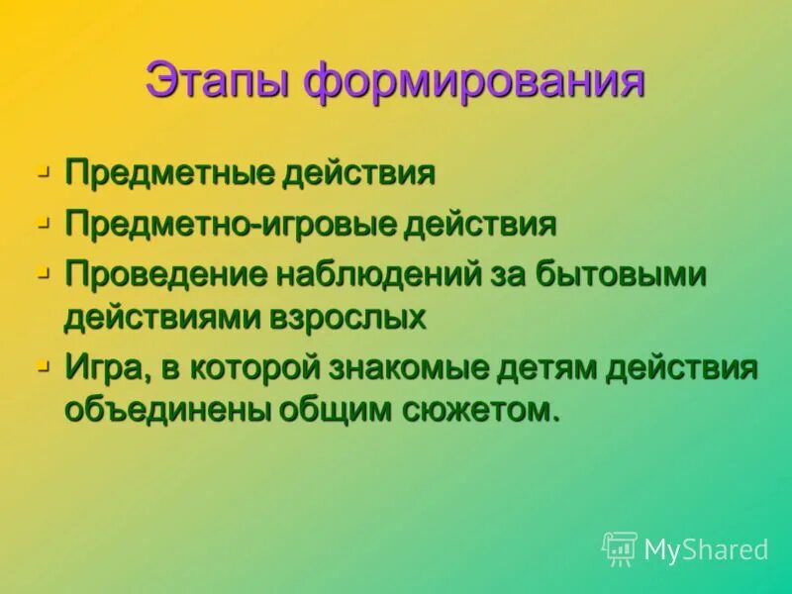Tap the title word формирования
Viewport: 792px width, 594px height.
click(474, 81)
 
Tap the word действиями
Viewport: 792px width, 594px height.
click(154, 317)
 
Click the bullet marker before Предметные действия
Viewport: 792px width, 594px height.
click(43, 170)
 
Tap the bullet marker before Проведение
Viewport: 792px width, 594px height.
click(43, 271)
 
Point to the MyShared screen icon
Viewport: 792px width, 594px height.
click(620, 548)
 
